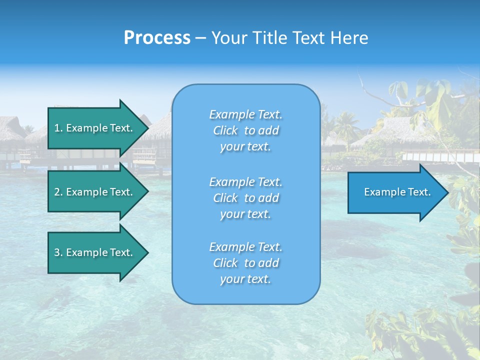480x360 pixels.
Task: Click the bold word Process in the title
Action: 157,38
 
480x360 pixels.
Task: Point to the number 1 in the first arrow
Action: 57,128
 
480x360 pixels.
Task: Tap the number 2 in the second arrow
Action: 57,192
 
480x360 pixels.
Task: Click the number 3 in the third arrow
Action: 57,252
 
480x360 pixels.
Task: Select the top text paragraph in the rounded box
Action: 245,130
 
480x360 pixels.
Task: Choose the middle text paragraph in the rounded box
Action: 245,198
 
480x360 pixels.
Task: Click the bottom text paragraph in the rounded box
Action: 245,263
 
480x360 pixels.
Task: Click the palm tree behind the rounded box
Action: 345,125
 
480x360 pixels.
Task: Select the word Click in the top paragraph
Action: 225,130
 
